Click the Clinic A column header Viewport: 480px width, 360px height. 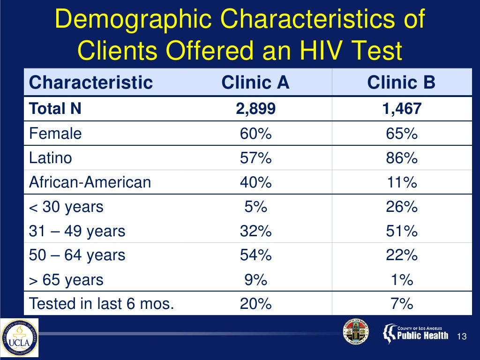click(x=255, y=83)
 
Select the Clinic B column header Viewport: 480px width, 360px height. click(x=401, y=83)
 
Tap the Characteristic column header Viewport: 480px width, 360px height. click(x=91, y=83)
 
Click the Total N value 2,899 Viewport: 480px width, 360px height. click(x=255, y=109)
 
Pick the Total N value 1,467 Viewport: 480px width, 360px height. click(x=401, y=109)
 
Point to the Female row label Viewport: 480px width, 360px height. click(x=55, y=134)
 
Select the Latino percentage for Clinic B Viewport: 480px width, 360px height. click(x=401, y=158)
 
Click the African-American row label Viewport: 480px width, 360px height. click(x=90, y=182)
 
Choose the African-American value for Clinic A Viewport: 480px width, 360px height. click(x=255, y=182)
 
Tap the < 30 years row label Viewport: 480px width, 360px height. click(x=66, y=207)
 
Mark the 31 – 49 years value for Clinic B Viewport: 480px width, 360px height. click(x=401, y=231)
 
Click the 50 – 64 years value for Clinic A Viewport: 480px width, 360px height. click(x=255, y=255)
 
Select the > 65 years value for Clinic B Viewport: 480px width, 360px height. click(x=401, y=280)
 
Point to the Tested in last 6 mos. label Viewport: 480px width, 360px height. click(x=101, y=304)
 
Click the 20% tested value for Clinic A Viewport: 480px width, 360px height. click(x=255, y=304)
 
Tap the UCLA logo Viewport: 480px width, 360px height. click(x=19, y=338)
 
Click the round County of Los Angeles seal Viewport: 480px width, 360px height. click(x=356, y=332)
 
